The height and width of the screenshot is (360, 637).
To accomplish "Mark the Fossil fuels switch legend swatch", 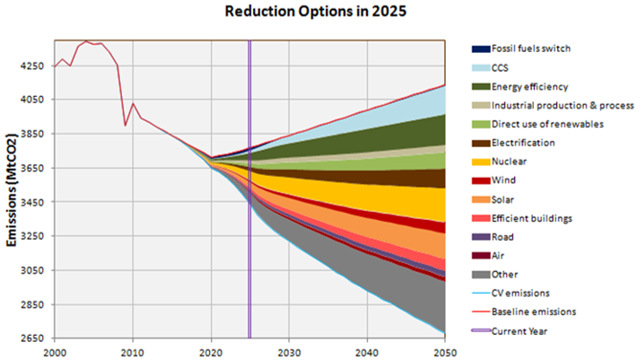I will click(x=481, y=48).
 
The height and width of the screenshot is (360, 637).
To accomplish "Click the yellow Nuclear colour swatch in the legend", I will click(x=481, y=162).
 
